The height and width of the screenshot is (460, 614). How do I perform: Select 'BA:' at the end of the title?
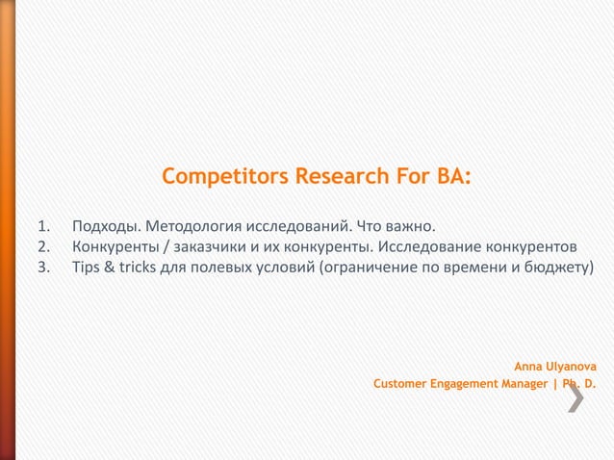451,178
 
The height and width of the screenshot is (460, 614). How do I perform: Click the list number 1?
42,228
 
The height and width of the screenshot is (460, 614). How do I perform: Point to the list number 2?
42,246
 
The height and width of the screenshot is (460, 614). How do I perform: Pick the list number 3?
42,266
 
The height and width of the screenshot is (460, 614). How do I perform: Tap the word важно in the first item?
412,228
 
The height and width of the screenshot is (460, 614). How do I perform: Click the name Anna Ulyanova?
554,367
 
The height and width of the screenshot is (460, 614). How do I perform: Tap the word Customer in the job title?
400,385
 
